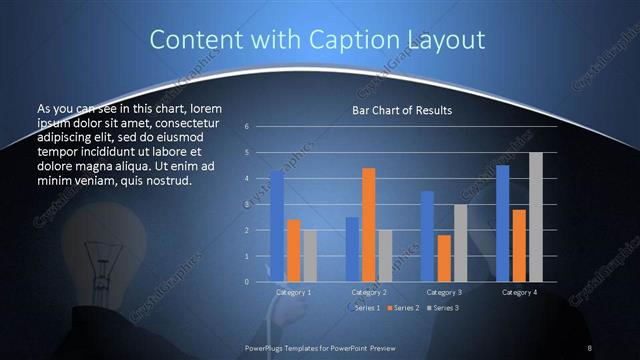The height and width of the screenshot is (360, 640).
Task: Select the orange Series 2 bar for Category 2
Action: [x=368, y=225]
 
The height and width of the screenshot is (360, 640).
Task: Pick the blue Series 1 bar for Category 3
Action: [x=427, y=236]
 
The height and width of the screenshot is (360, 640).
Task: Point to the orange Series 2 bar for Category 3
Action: [x=443, y=258]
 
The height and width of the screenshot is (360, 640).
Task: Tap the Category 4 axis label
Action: [x=518, y=292]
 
